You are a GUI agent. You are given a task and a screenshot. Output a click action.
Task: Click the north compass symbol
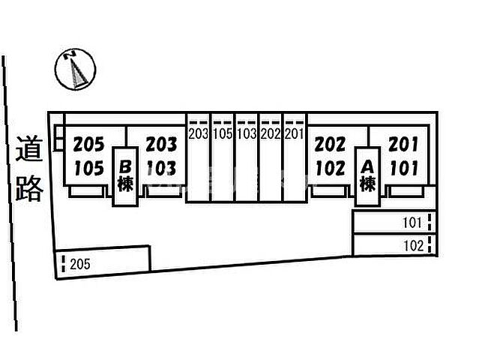click(75, 70)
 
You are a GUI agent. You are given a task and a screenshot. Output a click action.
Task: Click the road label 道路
click(28, 169)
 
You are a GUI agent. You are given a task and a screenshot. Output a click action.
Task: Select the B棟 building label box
click(125, 177)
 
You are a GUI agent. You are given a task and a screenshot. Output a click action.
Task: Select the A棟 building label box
click(367, 176)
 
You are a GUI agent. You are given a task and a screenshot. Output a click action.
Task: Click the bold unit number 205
click(89, 145)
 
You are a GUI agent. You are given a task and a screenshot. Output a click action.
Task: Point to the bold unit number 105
click(89, 169)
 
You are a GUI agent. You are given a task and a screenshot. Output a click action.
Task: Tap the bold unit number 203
click(161, 145)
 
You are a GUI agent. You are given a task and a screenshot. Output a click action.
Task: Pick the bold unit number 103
click(161, 169)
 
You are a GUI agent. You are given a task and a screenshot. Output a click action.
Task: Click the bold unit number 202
click(331, 144)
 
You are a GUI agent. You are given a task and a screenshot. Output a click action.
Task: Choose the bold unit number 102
click(331, 169)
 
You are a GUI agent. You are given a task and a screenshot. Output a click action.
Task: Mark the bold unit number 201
click(403, 144)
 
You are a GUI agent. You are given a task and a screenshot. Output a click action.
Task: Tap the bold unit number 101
click(404, 169)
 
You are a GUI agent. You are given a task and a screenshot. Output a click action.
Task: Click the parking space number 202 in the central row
click(271, 133)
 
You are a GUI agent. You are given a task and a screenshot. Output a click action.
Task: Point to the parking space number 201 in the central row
click(294, 133)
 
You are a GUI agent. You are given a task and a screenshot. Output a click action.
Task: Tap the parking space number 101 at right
click(412, 223)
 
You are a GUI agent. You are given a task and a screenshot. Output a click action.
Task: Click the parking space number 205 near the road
click(80, 264)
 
